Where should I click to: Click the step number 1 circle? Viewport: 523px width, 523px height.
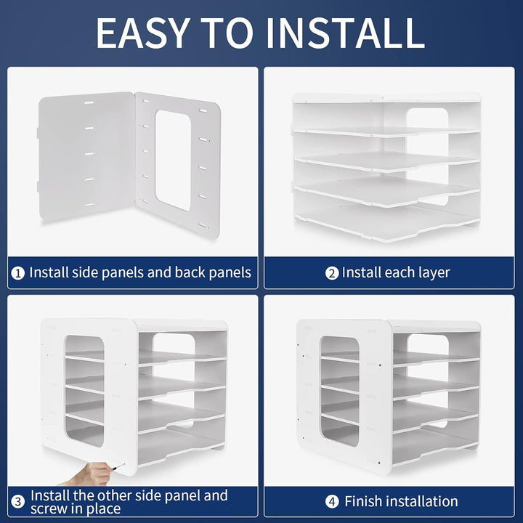(17, 274)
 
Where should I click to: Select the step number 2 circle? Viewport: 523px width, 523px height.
(331, 274)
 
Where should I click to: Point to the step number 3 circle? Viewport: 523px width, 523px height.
(17, 500)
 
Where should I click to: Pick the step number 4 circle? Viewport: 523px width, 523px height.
(331, 501)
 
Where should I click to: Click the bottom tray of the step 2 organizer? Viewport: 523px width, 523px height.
(385, 219)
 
